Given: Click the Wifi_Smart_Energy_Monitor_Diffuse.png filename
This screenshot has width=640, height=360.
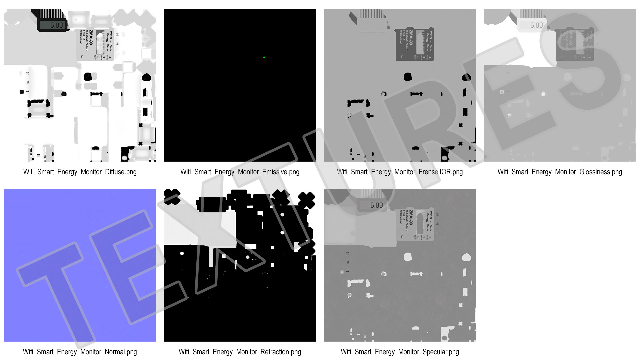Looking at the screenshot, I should click(80, 172).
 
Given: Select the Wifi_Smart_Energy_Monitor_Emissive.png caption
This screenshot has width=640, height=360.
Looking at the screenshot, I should click(240, 172).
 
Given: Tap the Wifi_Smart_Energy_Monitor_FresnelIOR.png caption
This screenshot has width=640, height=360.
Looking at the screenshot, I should click(400, 172).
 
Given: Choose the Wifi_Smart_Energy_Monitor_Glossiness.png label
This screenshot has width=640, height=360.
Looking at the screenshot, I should click(560, 172).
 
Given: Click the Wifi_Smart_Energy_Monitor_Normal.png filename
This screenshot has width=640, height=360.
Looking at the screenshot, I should click(80, 352).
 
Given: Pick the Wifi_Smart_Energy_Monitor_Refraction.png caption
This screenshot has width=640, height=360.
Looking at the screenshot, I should click(240, 352).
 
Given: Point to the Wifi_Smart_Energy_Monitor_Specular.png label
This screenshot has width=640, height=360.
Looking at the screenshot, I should click(400, 352).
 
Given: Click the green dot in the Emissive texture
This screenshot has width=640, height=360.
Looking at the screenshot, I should click(264, 58).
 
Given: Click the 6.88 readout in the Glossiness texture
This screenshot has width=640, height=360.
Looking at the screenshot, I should click(536, 25).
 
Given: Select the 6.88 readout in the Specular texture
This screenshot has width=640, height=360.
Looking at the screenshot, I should click(376, 205).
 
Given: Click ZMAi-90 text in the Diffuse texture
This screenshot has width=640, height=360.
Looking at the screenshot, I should click(91, 37).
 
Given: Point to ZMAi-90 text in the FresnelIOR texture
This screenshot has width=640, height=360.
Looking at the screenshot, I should click(411, 37).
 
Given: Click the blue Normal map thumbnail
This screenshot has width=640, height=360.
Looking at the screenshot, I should click(80, 265).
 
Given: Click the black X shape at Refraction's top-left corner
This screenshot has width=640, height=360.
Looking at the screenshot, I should click(172, 197).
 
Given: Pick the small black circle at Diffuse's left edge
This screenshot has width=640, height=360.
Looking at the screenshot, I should click(22, 92).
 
